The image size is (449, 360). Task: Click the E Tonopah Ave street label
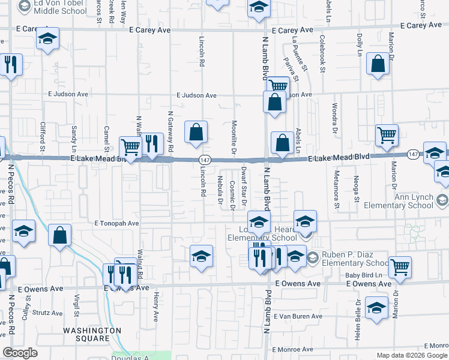(x=117, y=223)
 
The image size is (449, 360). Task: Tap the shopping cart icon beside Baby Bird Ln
(x=400, y=268)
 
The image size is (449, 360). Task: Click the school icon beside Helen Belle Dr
(x=376, y=308)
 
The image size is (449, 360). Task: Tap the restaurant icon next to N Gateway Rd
(x=152, y=145)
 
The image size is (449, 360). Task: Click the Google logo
(x=20, y=353)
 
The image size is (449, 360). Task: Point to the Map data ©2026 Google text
(x=412, y=355)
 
